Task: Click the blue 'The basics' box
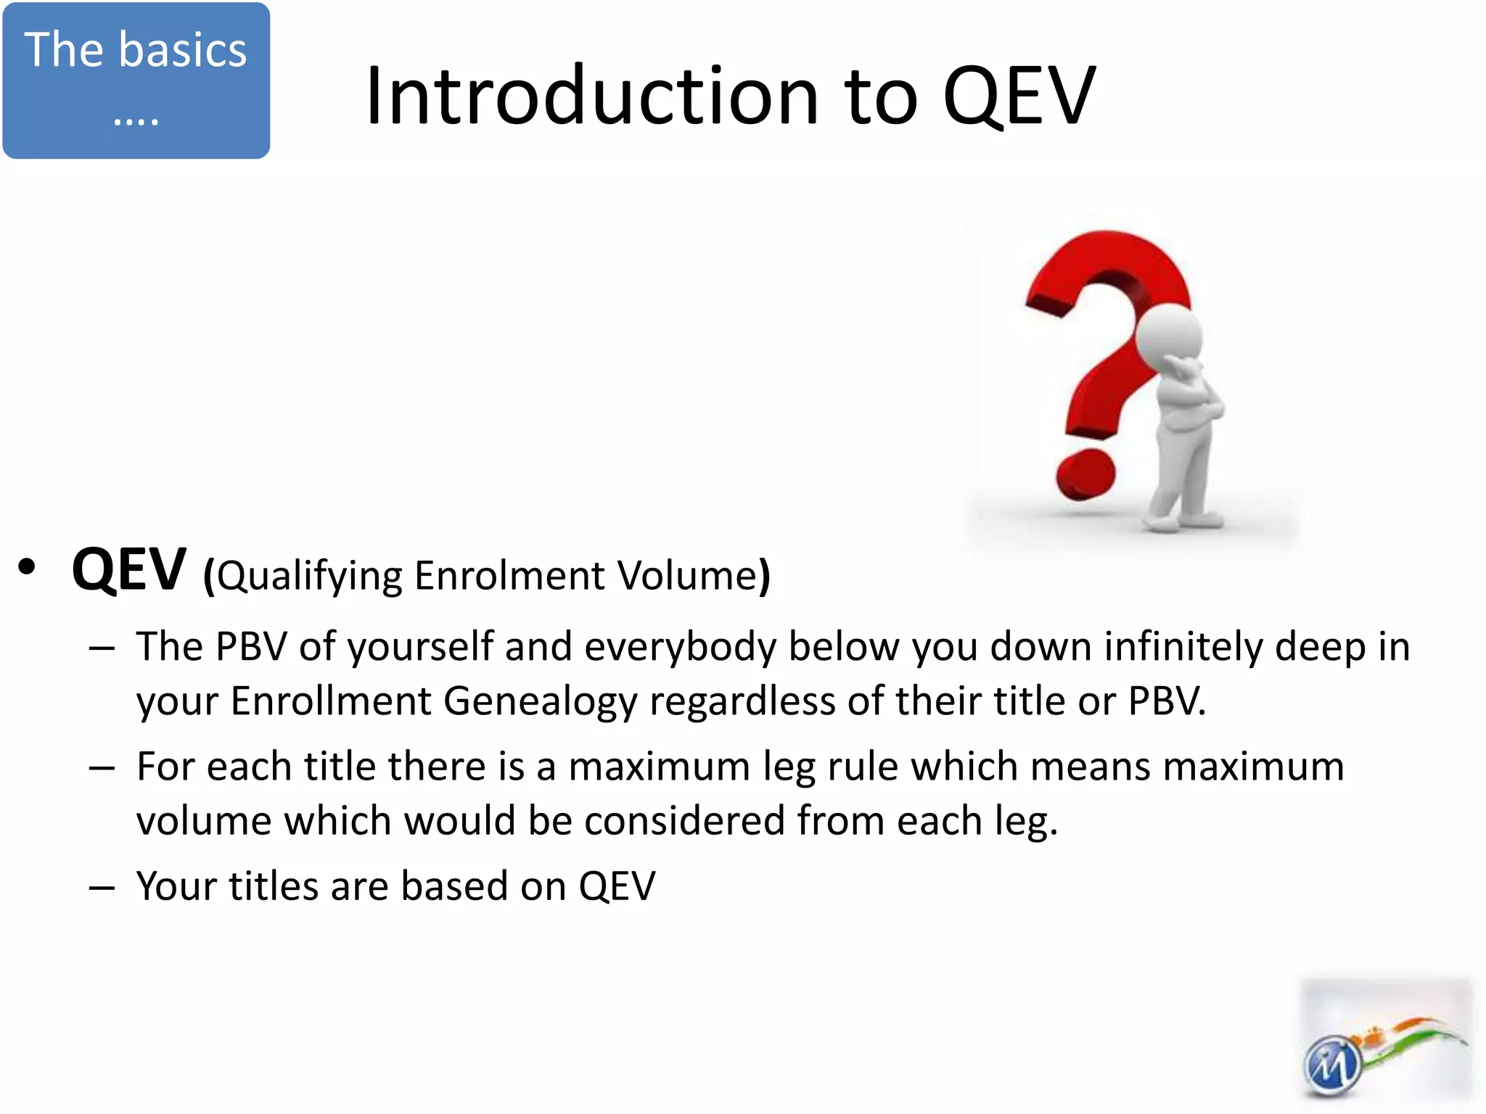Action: click(x=136, y=80)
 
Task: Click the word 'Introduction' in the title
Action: click(x=592, y=96)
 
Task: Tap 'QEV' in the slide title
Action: click(x=1019, y=96)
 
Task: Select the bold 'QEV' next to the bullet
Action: click(x=129, y=570)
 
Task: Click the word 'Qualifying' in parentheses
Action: click(x=309, y=577)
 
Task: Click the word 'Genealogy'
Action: click(x=540, y=701)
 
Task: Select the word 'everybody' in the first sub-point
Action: click(x=681, y=647)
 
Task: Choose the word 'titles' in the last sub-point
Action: click(x=274, y=886)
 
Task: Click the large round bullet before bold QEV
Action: click(x=27, y=567)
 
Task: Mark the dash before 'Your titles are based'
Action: click(x=102, y=887)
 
